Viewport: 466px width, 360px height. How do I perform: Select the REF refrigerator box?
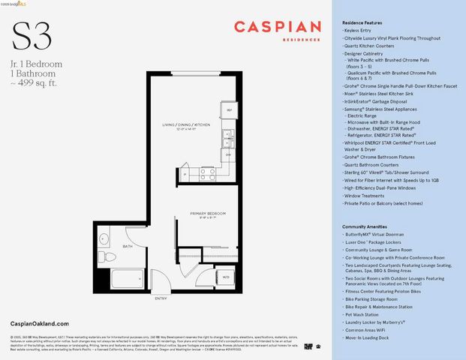pyautogui.click(x=230, y=110)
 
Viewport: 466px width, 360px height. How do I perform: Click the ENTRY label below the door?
pyautogui.click(x=161, y=298)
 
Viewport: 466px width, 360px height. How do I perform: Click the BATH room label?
pyautogui.click(x=128, y=245)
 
